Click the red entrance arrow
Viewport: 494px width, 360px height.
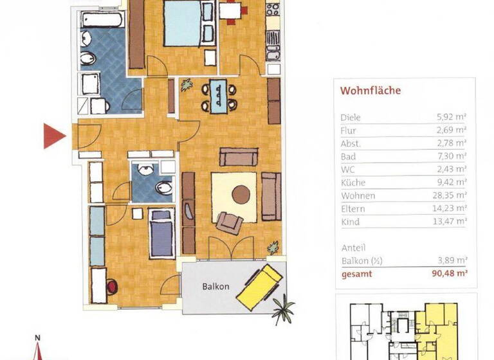(x=54, y=135)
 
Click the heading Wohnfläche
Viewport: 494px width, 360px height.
(x=370, y=91)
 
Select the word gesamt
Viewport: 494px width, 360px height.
(x=356, y=274)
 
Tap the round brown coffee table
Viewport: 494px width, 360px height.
(x=241, y=194)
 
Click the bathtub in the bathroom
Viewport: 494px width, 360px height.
(x=102, y=19)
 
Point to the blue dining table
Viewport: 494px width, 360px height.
(x=219, y=96)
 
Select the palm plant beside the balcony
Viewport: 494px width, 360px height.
(x=282, y=309)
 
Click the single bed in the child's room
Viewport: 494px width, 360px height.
(x=161, y=233)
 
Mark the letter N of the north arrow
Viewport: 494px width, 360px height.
(x=38, y=337)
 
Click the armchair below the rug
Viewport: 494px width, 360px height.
(x=229, y=222)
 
